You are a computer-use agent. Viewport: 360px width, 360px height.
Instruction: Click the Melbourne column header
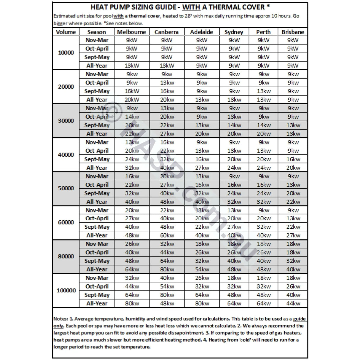coord(131,32)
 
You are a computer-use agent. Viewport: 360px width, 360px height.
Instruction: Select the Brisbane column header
coord(293,32)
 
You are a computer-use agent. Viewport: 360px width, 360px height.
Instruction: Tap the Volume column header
coord(66,32)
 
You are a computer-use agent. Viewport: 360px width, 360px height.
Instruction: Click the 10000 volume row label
coord(66,53)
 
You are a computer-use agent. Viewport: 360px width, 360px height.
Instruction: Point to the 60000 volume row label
coord(66,222)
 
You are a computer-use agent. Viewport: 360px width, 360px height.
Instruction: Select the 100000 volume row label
coord(66,291)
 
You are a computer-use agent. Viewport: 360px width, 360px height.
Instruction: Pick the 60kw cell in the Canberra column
coord(167,235)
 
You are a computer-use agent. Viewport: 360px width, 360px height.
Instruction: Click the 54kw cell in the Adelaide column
coord(202,270)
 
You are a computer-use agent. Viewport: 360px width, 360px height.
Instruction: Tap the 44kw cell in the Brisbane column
coord(293,303)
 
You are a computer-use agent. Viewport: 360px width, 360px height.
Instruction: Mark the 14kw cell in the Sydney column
coord(234,125)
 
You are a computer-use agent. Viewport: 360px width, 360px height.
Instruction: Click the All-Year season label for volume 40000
coord(97,168)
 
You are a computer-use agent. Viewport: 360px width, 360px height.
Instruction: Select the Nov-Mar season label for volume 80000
coord(97,244)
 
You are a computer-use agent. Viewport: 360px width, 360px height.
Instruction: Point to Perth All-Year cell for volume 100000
coord(264,303)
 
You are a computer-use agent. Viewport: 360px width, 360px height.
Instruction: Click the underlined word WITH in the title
coord(191,7)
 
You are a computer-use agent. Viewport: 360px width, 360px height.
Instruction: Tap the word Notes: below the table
coord(60,319)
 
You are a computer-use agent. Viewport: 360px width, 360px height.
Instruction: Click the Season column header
coord(97,32)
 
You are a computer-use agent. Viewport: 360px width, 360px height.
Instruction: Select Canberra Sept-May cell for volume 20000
coord(167,91)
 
